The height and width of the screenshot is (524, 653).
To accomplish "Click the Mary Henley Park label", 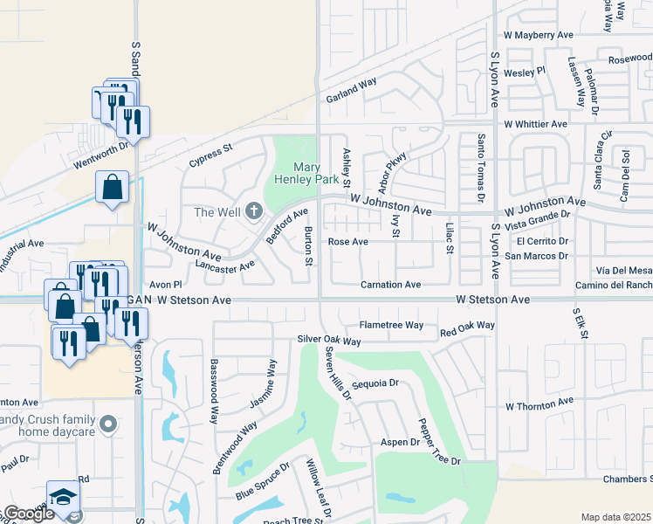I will click(315, 173).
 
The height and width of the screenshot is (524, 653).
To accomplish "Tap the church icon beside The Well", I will click(254, 210).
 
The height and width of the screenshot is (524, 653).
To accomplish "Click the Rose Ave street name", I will click(347, 242).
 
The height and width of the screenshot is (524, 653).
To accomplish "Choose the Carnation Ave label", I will click(391, 285).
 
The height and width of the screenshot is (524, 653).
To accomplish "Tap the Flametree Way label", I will click(391, 325).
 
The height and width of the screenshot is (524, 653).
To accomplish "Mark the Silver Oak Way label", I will click(328, 340).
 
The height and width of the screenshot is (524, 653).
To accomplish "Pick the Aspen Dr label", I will click(401, 443).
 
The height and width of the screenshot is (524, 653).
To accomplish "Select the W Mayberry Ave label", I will click(538, 35).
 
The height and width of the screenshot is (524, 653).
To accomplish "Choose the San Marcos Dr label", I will click(537, 256).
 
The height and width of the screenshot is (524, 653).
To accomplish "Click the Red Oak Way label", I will click(467, 329).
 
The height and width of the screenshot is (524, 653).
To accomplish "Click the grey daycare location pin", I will click(108, 424).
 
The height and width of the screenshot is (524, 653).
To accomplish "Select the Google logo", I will click(28, 514).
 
